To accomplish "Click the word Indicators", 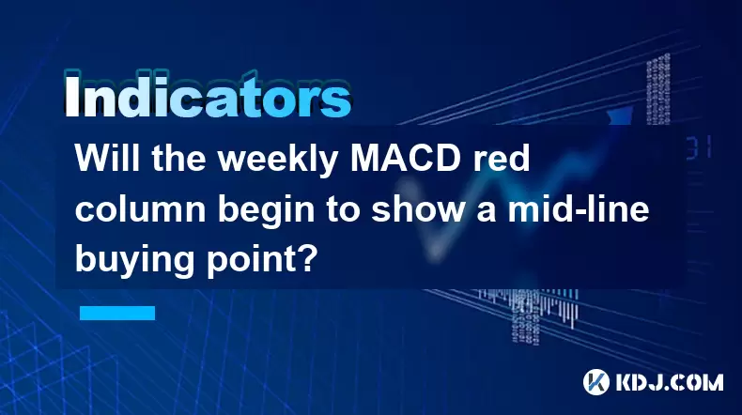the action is pyautogui.click(x=208, y=95).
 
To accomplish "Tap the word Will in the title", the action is pyautogui.click(x=107, y=158).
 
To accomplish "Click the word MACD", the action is pyautogui.click(x=406, y=158).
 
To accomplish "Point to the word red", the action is pyautogui.click(x=502, y=158).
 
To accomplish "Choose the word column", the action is pyautogui.click(x=140, y=209).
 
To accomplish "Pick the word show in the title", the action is pyautogui.click(x=418, y=209).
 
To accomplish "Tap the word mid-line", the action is pyautogui.click(x=579, y=208).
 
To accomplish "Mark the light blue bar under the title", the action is pyautogui.click(x=117, y=313).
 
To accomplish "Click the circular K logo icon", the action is pyautogui.click(x=596, y=382).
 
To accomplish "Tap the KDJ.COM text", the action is pyautogui.click(x=669, y=382).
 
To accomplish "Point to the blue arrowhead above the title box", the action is pyautogui.click(x=620, y=115).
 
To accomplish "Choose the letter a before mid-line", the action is pyautogui.click(x=487, y=213).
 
